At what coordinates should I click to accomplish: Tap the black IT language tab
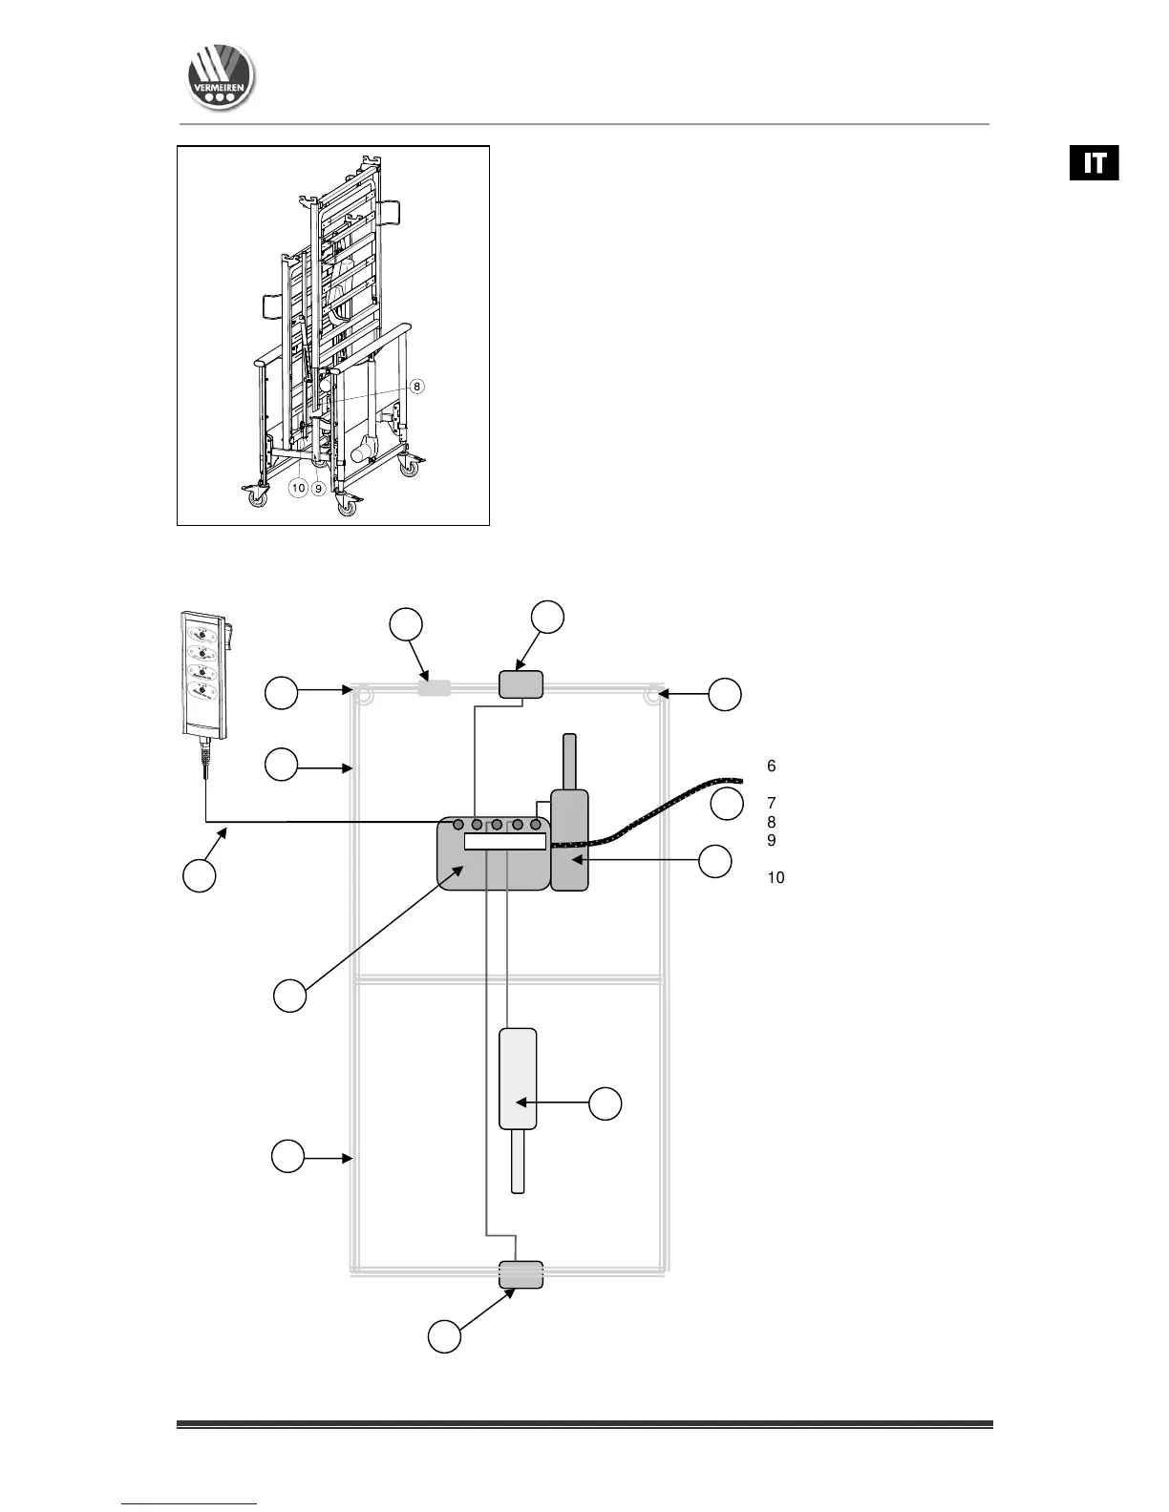tap(1094, 162)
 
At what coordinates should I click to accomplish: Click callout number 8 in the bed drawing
tap(416, 387)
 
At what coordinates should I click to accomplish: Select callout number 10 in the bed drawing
tap(298, 488)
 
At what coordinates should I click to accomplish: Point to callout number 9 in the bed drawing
tap(319, 488)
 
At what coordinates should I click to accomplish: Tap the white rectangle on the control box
tap(504, 841)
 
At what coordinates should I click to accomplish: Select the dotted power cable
tap(669, 810)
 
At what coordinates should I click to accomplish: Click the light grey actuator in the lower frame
tap(519, 1079)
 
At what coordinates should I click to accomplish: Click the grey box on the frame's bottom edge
tap(521, 1274)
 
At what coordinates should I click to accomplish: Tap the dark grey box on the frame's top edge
tap(521, 684)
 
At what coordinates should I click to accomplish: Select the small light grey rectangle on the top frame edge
tap(434, 687)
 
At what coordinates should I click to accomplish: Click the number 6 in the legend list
tap(771, 766)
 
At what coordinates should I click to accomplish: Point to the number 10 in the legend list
tap(776, 877)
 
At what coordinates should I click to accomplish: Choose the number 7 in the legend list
tap(771, 803)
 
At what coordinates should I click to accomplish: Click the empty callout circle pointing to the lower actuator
tap(605, 1103)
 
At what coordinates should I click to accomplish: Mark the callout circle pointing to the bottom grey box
tap(444, 1336)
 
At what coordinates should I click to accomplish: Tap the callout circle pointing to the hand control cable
tap(199, 876)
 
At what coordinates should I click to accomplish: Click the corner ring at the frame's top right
tap(653, 695)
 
